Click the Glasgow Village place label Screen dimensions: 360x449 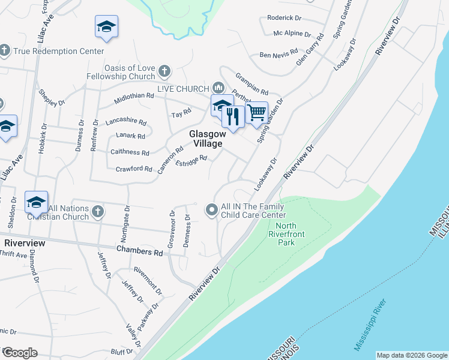click(206, 139)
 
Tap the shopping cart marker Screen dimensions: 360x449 click(257, 112)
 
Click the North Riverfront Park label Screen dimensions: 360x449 click(282, 235)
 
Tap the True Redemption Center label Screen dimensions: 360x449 click(59, 51)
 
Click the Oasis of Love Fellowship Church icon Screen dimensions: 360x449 click(165, 73)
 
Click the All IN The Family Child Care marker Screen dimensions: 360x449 click(211, 210)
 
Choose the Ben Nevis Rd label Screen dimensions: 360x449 click(279, 55)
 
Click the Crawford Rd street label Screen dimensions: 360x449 click(134, 169)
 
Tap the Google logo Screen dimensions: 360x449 click(19, 353)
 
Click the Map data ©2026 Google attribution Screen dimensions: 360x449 click(412, 355)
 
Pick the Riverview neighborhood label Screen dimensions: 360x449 click(25, 243)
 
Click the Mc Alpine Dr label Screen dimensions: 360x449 click(292, 34)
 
